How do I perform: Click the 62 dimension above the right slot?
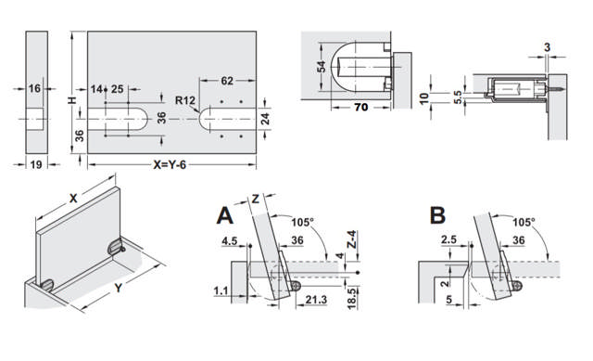226,82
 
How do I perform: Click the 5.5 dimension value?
457,95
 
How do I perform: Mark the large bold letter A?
224,216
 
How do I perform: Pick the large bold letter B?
438,216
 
